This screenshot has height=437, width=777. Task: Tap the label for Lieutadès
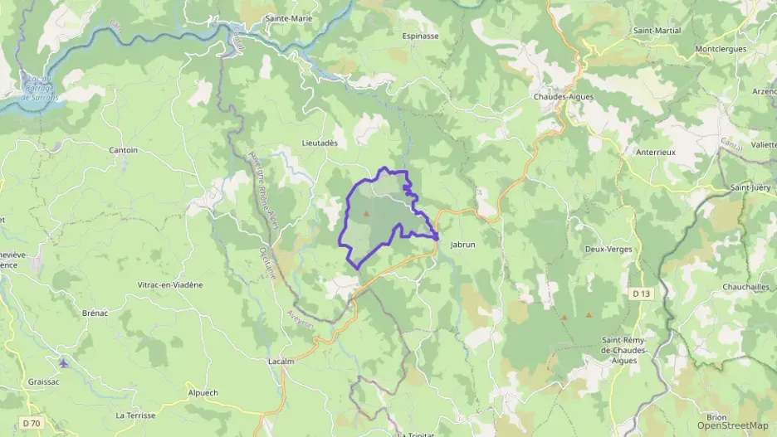coord(320,143)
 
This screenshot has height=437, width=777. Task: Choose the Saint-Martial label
coord(657,31)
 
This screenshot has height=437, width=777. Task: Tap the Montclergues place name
coord(721,49)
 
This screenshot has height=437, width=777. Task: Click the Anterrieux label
coord(656,152)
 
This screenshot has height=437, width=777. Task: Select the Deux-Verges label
coord(608,249)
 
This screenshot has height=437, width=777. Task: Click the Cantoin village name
coord(124,150)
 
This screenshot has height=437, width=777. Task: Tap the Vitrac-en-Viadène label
coord(170,284)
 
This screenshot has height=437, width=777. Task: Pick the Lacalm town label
coord(282,362)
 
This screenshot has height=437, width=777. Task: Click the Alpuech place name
coord(203,392)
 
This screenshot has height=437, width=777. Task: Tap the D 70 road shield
coord(32,423)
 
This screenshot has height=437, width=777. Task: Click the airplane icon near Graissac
coord(65,362)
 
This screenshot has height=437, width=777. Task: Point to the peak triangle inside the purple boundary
coord(366,213)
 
